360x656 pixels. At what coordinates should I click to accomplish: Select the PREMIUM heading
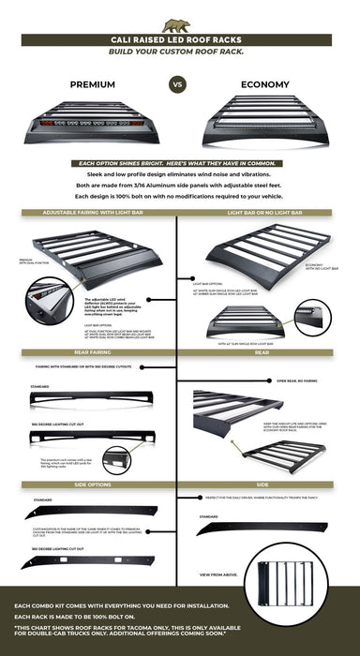click(92, 83)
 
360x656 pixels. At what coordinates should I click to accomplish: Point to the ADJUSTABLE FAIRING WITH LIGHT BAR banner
click(89, 213)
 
